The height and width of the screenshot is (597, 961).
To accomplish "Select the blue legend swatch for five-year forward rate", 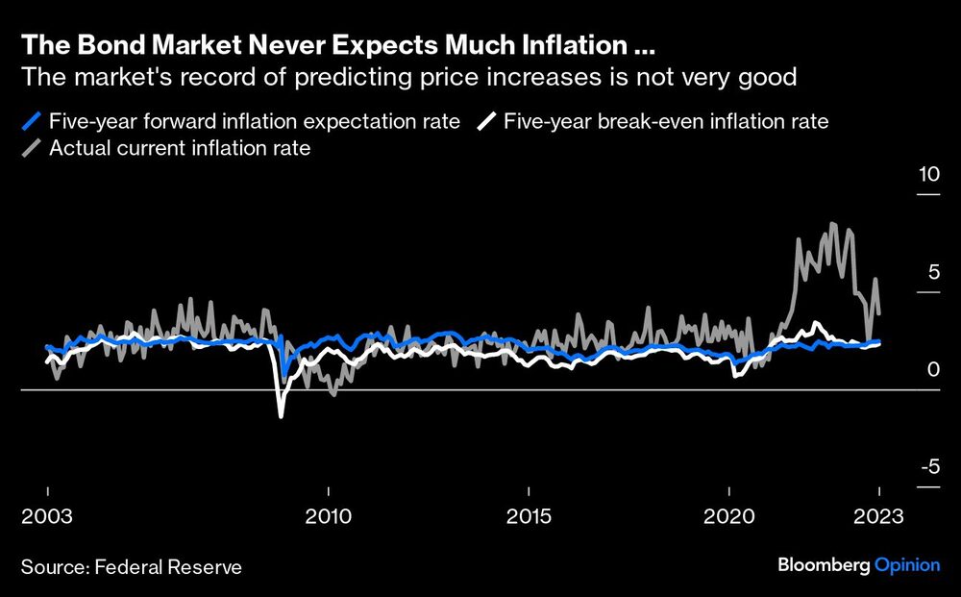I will tap(33, 122).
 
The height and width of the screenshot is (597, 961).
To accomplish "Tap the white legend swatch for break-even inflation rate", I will tap(488, 122).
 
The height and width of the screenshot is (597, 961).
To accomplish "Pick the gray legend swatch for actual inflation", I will tap(33, 149).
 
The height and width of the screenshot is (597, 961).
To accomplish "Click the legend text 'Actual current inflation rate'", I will tap(180, 149).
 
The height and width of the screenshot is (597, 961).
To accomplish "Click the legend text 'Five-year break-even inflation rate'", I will tap(666, 122).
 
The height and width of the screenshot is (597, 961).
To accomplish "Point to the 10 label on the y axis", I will tap(927, 176).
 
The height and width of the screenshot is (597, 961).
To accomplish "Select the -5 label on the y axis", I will tap(928, 468).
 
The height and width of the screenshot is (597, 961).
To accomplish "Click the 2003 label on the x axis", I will tap(48, 516).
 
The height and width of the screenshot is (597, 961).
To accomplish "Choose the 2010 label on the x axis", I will tap(328, 516).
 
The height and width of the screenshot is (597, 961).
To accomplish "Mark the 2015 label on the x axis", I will tap(529, 516).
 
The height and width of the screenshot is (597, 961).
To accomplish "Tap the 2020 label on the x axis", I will tap(728, 516).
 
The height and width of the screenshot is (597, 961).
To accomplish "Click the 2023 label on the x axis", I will tap(877, 516).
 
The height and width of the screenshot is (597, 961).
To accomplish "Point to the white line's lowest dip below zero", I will tap(282, 415).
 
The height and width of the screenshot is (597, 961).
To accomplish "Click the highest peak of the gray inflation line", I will tap(832, 224).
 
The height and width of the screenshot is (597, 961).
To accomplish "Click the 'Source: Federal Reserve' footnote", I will tap(131, 567).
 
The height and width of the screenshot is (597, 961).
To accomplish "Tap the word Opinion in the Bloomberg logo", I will tap(906, 565).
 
